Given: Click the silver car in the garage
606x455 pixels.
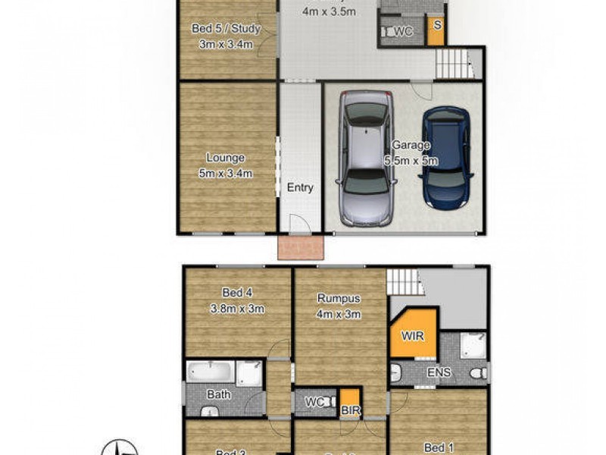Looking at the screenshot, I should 367,158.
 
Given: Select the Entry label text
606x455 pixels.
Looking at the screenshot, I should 300,188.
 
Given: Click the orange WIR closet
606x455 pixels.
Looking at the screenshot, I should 413,334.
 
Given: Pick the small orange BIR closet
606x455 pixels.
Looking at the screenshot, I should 349,402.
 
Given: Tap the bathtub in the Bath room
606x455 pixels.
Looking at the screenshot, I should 211,372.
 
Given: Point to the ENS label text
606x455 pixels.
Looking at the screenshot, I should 439,372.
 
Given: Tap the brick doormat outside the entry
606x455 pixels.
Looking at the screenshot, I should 301,247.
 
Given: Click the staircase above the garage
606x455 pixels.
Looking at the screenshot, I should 454,62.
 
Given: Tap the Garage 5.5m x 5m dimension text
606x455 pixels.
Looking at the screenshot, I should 411,152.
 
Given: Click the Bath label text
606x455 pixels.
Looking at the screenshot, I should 219,394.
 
